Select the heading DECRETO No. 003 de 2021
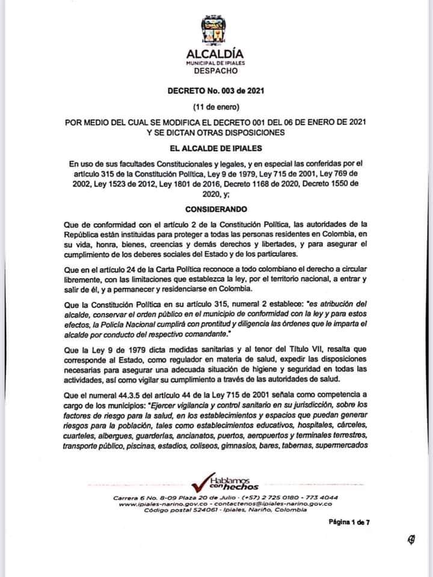point(215,91)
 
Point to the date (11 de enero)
point(215,107)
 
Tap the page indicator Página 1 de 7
point(349,522)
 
